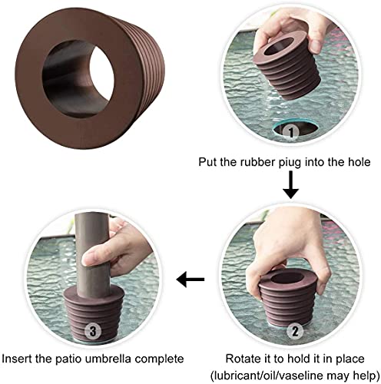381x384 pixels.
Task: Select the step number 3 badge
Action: click(x=92, y=333)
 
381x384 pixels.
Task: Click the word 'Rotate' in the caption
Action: click(x=242, y=358)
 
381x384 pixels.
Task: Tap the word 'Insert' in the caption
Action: click(x=19, y=358)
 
